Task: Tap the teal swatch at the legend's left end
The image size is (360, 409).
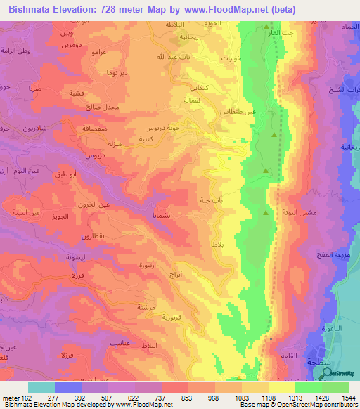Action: pyautogui.click(x=41, y=387)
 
